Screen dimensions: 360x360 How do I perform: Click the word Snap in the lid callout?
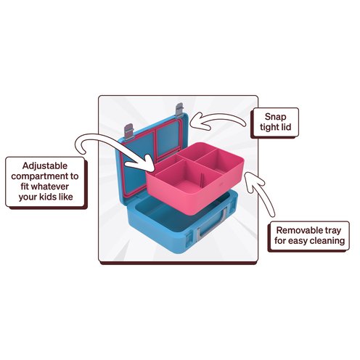pyautogui.click(x=275, y=117)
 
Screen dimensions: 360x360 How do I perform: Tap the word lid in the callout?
pyautogui.click(x=285, y=127)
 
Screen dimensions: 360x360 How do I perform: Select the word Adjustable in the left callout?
pyautogui.click(x=45, y=166)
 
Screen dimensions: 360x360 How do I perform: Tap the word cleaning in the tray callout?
pyautogui.click(x=327, y=241)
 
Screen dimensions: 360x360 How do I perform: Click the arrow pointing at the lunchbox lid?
pyautogui.click(x=216, y=118)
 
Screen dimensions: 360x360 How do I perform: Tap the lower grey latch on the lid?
pyautogui.click(x=128, y=132)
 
